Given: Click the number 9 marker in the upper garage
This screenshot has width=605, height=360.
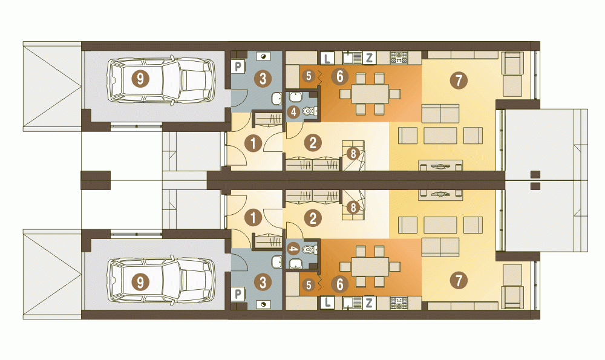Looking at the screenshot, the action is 140,79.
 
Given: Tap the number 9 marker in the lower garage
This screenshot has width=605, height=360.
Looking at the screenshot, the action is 140,283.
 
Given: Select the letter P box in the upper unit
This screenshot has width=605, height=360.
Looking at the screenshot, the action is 238,67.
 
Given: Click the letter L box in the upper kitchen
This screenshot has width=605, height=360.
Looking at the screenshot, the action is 327,58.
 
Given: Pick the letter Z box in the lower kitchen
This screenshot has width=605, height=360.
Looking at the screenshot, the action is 369,303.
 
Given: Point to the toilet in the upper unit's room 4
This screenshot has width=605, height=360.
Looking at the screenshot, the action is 309,111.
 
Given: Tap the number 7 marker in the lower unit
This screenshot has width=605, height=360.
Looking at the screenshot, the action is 459,281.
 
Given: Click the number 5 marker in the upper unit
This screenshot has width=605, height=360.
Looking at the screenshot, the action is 309,76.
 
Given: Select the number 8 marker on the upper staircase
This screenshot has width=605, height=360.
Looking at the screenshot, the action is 353,154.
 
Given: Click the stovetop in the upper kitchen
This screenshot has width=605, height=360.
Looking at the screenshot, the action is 399,58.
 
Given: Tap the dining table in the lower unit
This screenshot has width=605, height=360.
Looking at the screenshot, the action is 370,267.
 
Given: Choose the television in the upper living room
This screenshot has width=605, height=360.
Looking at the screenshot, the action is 440,166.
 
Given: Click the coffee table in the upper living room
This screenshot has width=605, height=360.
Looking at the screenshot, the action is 440,136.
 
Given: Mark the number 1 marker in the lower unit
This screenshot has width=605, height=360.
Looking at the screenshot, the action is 253,218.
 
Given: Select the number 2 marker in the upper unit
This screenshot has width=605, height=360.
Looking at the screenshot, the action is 313,143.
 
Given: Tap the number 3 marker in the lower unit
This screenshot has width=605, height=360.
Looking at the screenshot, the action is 263,283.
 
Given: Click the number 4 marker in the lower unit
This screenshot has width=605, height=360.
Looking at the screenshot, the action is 294,249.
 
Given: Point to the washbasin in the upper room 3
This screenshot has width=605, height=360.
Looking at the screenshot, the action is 276,99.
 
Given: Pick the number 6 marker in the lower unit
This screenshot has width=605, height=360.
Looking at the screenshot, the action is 340,285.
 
